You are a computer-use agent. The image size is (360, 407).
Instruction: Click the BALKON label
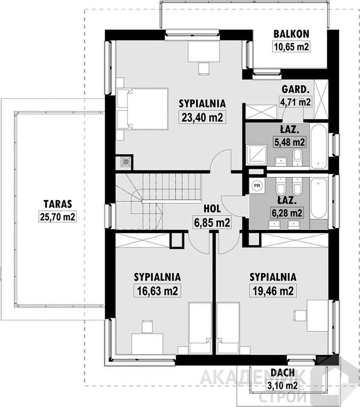(291, 34)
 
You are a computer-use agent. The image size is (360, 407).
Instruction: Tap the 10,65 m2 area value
(291, 47)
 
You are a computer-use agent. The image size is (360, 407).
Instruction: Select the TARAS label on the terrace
(58, 204)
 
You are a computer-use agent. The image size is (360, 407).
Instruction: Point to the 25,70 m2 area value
(58, 217)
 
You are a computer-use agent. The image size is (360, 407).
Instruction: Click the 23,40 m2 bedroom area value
(202, 118)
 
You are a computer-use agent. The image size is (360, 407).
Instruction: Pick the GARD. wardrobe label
(295, 90)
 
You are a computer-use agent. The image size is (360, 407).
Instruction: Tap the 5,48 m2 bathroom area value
(290, 142)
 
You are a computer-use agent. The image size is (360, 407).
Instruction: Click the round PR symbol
(257, 186)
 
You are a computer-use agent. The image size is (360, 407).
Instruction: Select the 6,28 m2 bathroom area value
(287, 213)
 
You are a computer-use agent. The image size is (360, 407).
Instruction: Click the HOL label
(212, 209)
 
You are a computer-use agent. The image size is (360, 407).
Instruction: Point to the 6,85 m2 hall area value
(212, 222)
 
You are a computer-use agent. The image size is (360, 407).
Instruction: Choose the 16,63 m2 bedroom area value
(157, 290)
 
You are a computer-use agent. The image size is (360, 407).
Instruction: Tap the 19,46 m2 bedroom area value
(273, 290)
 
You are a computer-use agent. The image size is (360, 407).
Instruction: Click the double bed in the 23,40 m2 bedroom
(143, 108)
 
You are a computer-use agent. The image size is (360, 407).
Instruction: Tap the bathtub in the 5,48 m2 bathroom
(319, 146)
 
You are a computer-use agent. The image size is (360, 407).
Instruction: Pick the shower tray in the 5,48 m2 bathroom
(257, 155)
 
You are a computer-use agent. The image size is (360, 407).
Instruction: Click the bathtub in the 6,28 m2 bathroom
(319, 199)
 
